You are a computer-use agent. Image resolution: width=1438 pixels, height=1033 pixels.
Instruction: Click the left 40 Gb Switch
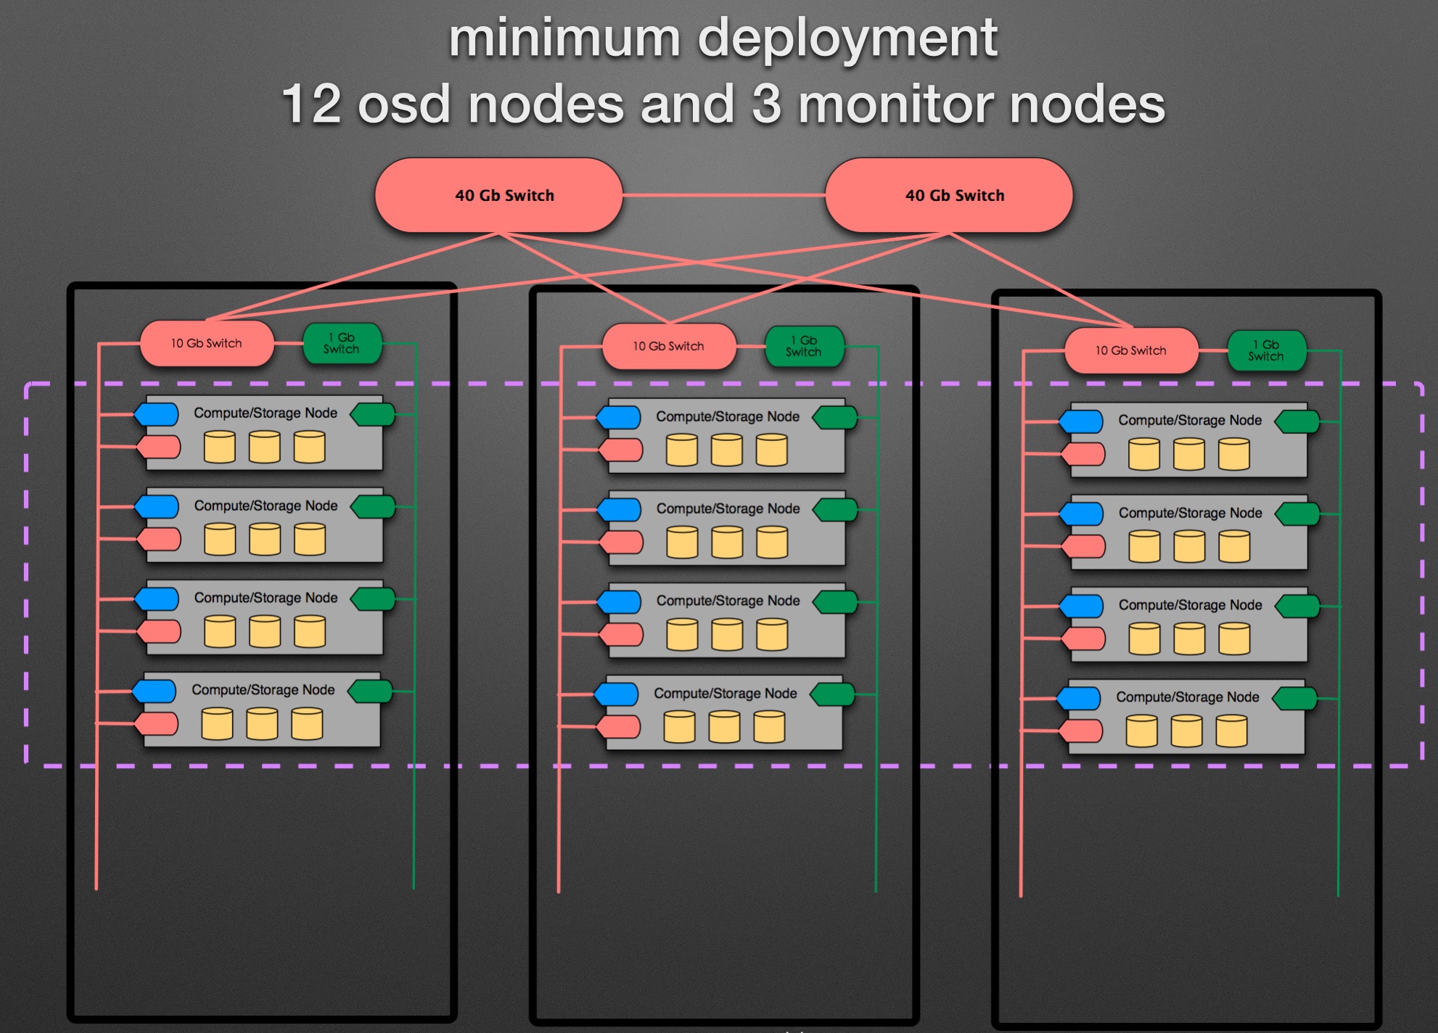tap(498, 196)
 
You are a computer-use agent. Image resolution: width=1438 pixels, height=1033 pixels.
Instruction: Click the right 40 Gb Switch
tap(949, 196)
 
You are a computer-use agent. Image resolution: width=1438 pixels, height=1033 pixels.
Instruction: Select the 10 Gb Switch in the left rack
tap(207, 343)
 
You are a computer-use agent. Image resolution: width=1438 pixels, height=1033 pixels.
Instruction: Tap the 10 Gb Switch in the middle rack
tap(669, 346)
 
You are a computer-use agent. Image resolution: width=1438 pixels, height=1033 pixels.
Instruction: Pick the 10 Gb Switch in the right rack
tap(1131, 350)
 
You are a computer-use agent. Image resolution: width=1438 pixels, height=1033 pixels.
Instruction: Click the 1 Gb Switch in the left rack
tap(342, 343)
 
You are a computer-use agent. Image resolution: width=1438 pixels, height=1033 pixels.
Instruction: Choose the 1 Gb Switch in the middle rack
tap(804, 346)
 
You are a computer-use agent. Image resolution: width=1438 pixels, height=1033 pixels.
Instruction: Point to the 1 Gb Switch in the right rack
tap(1266, 350)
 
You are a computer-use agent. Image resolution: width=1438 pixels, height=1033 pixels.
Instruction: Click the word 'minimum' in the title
tap(564, 38)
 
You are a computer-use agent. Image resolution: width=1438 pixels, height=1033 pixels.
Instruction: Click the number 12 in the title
tap(311, 104)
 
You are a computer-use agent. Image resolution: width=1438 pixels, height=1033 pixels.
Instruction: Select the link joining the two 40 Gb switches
tap(723, 195)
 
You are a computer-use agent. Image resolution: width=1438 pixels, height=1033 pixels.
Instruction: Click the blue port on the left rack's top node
tap(157, 414)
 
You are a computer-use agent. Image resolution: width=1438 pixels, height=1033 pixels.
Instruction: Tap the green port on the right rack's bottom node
tap(1295, 699)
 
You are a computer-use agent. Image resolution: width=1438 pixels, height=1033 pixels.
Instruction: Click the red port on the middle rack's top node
tap(622, 450)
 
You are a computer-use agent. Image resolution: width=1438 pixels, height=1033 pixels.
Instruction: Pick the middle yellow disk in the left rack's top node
tap(265, 447)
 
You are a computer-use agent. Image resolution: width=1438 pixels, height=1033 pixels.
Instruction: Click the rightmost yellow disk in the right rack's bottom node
tap(1231, 730)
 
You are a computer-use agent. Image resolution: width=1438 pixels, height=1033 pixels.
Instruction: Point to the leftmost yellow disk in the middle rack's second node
tap(682, 542)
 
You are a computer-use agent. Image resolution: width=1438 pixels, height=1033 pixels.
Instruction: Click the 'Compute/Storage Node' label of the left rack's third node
tap(266, 598)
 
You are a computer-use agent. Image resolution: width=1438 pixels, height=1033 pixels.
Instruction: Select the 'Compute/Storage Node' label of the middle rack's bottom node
tap(726, 694)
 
